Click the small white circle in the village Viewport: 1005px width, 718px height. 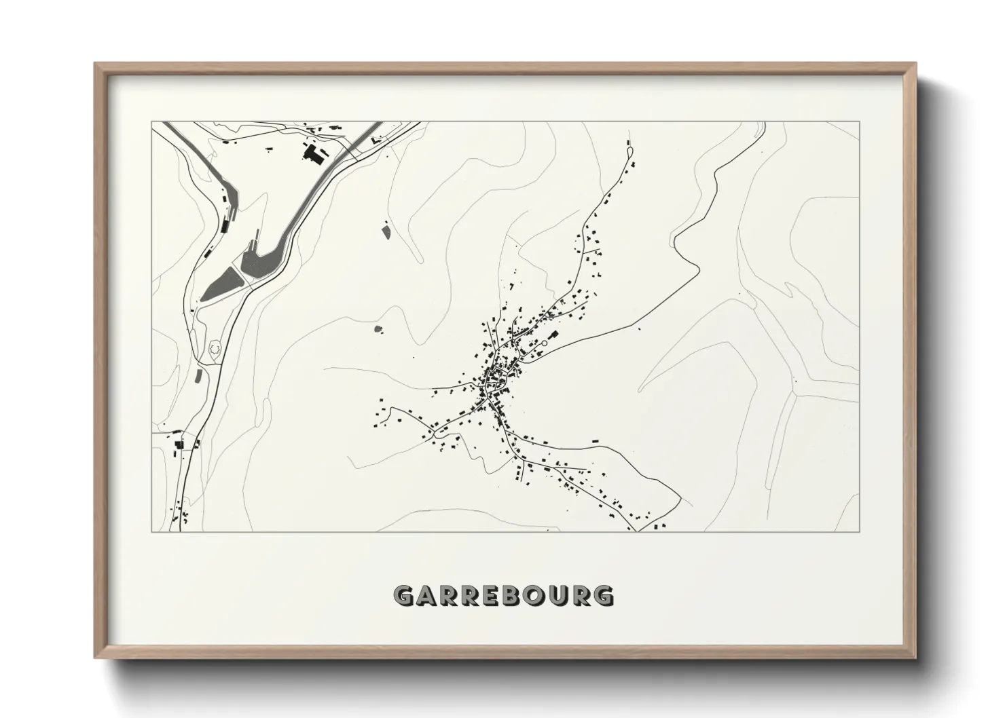543,343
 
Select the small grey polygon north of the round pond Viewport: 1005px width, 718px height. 386,232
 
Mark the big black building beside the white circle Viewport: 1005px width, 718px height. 552,335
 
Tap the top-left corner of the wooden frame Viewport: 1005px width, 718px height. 95,64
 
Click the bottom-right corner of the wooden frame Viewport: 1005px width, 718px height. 916,658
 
